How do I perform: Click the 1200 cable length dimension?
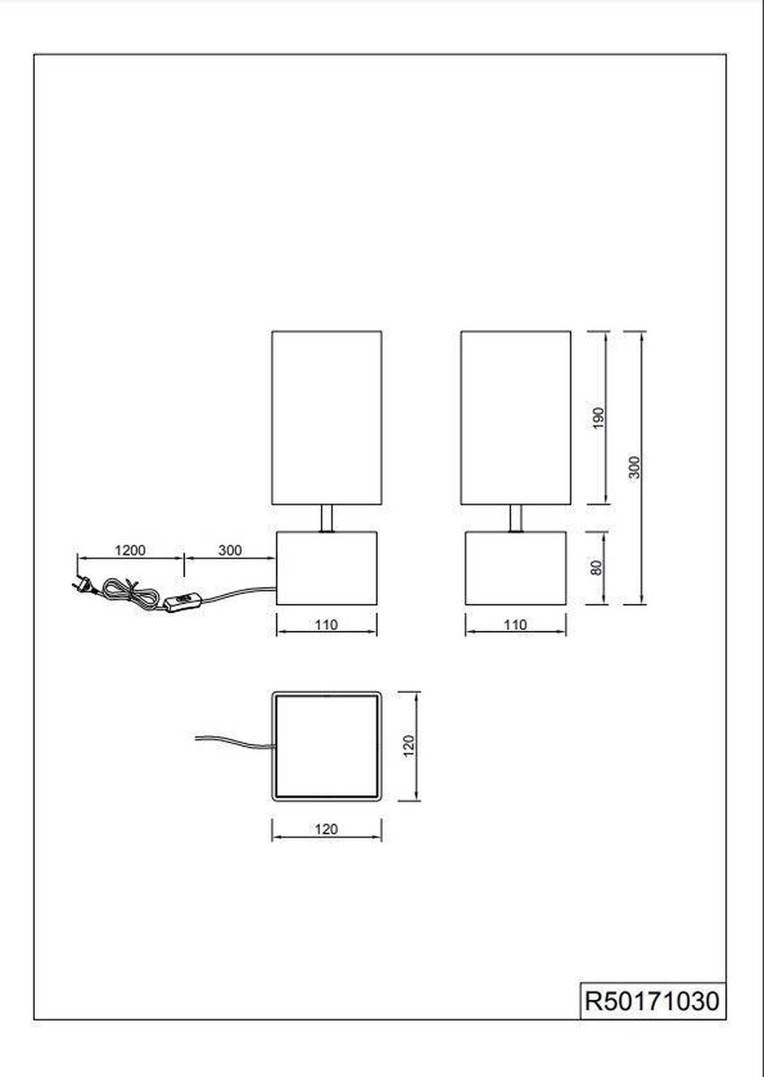(130, 550)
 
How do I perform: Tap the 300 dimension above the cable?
(230, 550)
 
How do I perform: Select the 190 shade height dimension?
(598, 418)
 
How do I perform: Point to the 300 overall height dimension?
(635, 468)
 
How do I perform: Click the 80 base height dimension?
(595, 568)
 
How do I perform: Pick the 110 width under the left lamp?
(326, 625)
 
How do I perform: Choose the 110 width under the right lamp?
(516, 625)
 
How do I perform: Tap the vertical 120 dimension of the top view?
(408, 746)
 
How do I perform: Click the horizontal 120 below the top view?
(326, 829)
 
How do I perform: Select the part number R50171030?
(652, 1001)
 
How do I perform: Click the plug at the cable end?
(82, 584)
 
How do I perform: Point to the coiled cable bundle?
(130, 591)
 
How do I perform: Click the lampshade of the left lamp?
(326, 417)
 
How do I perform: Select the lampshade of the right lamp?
(516, 417)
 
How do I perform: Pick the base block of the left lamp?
(326, 568)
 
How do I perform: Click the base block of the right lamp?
(516, 568)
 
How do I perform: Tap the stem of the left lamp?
(326, 519)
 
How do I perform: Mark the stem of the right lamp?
(516, 519)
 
